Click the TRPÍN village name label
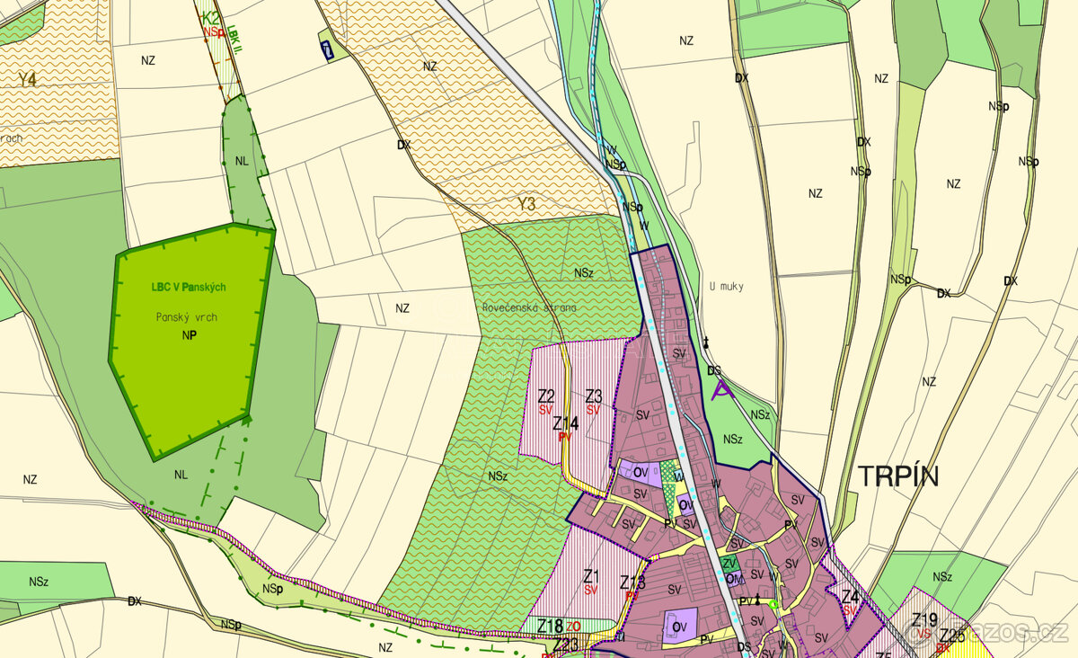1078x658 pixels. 897,476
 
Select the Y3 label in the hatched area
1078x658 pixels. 526,205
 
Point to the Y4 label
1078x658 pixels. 27,79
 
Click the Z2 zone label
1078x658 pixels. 545,396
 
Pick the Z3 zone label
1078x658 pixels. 593,396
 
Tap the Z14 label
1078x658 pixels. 565,422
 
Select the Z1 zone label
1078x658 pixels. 590,576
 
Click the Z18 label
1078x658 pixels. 550,626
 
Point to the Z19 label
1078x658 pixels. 924,619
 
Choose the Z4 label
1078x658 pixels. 850,597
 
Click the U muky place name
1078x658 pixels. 726,286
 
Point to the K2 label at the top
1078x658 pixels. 209,17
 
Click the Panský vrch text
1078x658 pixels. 187,317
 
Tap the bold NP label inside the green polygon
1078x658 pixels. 189,334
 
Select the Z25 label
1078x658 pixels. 952,636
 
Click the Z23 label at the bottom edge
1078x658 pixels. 566,645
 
